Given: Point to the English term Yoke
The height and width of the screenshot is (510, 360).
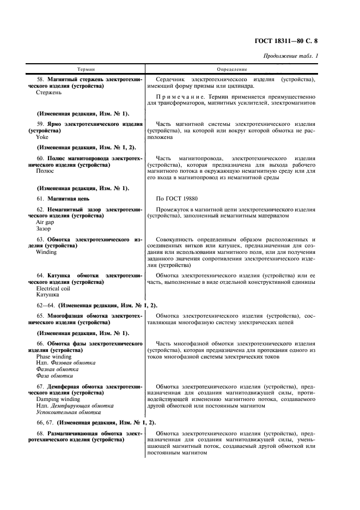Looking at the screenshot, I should coord(42,137).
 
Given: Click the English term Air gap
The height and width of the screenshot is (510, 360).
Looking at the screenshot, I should coord(45,222).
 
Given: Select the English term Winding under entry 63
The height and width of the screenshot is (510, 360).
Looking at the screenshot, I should coord(46,253).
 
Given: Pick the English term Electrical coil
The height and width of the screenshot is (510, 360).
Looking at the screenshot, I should coord(53,288).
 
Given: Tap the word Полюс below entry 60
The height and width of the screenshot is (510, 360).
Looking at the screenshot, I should coord(45,171).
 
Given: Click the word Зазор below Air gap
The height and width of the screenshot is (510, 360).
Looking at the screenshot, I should coord(44,229).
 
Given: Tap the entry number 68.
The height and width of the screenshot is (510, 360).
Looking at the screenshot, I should coord(40,434).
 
